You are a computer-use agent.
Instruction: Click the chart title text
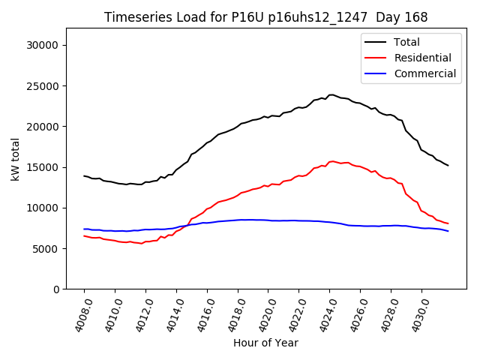[x=265, y=17]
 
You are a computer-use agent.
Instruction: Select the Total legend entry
[x=407, y=42]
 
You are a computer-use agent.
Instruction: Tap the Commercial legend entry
[x=425, y=73]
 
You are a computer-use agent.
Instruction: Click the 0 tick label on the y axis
[x=56, y=289]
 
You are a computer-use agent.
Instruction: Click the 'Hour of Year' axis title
[x=265, y=343]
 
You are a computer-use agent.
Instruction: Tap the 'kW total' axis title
[x=16, y=158]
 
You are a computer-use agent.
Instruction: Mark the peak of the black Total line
[x=331, y=94]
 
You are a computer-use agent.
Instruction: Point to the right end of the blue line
[x=448, y=231]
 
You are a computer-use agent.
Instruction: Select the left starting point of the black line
[x=84, y=176]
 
